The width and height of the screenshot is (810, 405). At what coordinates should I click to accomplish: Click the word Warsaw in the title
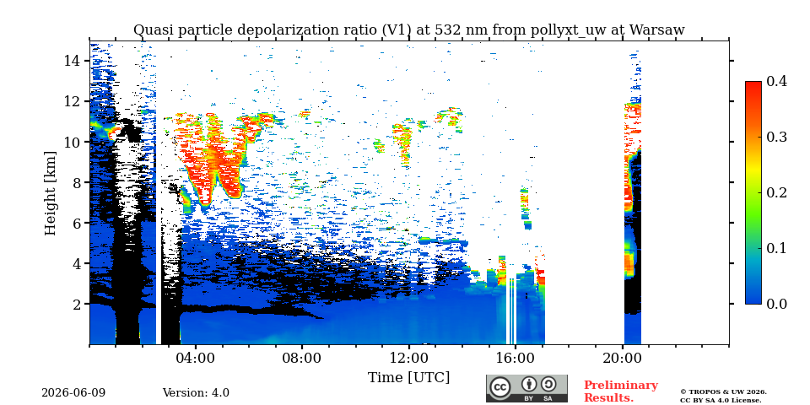(x=657, y=30)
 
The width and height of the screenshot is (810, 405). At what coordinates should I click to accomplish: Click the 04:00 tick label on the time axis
(x=195, y=358)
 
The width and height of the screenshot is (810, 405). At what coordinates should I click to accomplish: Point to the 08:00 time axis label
(x=302, y=358)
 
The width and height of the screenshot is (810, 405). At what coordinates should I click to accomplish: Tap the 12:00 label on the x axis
(x=408, y=358)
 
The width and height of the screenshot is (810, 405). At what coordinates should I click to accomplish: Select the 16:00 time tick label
(x=516, y=358)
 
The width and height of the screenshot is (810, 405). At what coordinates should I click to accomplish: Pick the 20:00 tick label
(x=623, y=358)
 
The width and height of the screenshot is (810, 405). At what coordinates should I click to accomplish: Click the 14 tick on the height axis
(x=72, y=61)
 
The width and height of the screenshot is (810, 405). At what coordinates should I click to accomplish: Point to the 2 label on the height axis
(x=77, y=305)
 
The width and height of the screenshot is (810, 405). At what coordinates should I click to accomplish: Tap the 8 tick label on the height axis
(x=77, y=182)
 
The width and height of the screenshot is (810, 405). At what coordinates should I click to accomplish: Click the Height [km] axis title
(x=50, y=193)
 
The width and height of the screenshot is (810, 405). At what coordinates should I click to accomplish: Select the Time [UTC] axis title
(x=408, y=378)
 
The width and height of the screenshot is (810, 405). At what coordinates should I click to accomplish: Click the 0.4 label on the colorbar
(x=776, y=81)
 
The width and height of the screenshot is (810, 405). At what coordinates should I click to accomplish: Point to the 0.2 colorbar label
(x=776, y=192)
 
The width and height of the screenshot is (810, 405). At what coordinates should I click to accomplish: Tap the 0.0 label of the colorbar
(x=776, y=304)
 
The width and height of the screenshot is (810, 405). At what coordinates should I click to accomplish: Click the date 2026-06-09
(x=73, y=393)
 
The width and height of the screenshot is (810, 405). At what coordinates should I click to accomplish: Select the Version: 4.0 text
(x=196, y=393)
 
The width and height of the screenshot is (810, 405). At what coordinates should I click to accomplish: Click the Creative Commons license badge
(x=526, y=388)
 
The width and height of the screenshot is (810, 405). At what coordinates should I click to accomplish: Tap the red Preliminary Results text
(x=621, y=391)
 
